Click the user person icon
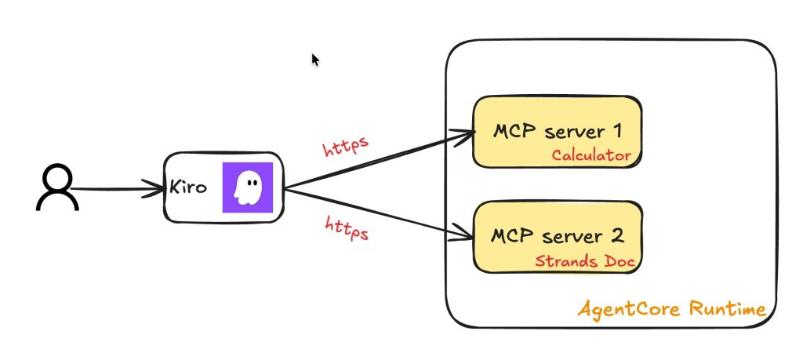(x=57, y=189)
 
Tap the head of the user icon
(x=57, y=177)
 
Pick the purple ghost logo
(x=247, y=187)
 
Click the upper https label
(x=346, y=147)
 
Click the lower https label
(x=347, y=228)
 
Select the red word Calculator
(x=590, y=155)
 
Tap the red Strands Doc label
(x=584, y=260)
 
